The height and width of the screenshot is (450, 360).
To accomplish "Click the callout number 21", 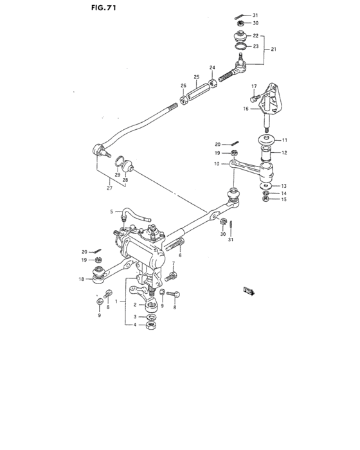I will pyautogui.click(x=274, y=50).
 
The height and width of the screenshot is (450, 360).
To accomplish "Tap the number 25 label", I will pyautogui.click(x=197, y=76).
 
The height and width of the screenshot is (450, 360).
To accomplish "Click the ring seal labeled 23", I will pyautogui.click(x=239, y=46).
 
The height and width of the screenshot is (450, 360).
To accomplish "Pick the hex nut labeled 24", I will pyautogui.click(x=211, y=82).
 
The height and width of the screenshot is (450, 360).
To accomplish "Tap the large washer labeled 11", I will pyautogui.click(x=265, y=140).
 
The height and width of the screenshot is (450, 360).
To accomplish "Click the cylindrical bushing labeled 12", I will pyautogui.click(x=265, y=155).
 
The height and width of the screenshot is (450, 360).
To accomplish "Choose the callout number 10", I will pyautogui.click(x=217, y=164).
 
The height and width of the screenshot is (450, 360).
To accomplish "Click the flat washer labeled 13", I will pyautogui.click(x=265, y=186).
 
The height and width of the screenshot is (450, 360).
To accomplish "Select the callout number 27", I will pyautogui.click(x=110, y=188).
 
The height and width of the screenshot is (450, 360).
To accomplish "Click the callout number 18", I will pyautogui.click(x=81, y=278).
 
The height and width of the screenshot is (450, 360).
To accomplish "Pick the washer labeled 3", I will pyautogui.click(x=152, y=317).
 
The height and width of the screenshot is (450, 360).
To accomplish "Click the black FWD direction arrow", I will pyautogui.click(x=247, y=291).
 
